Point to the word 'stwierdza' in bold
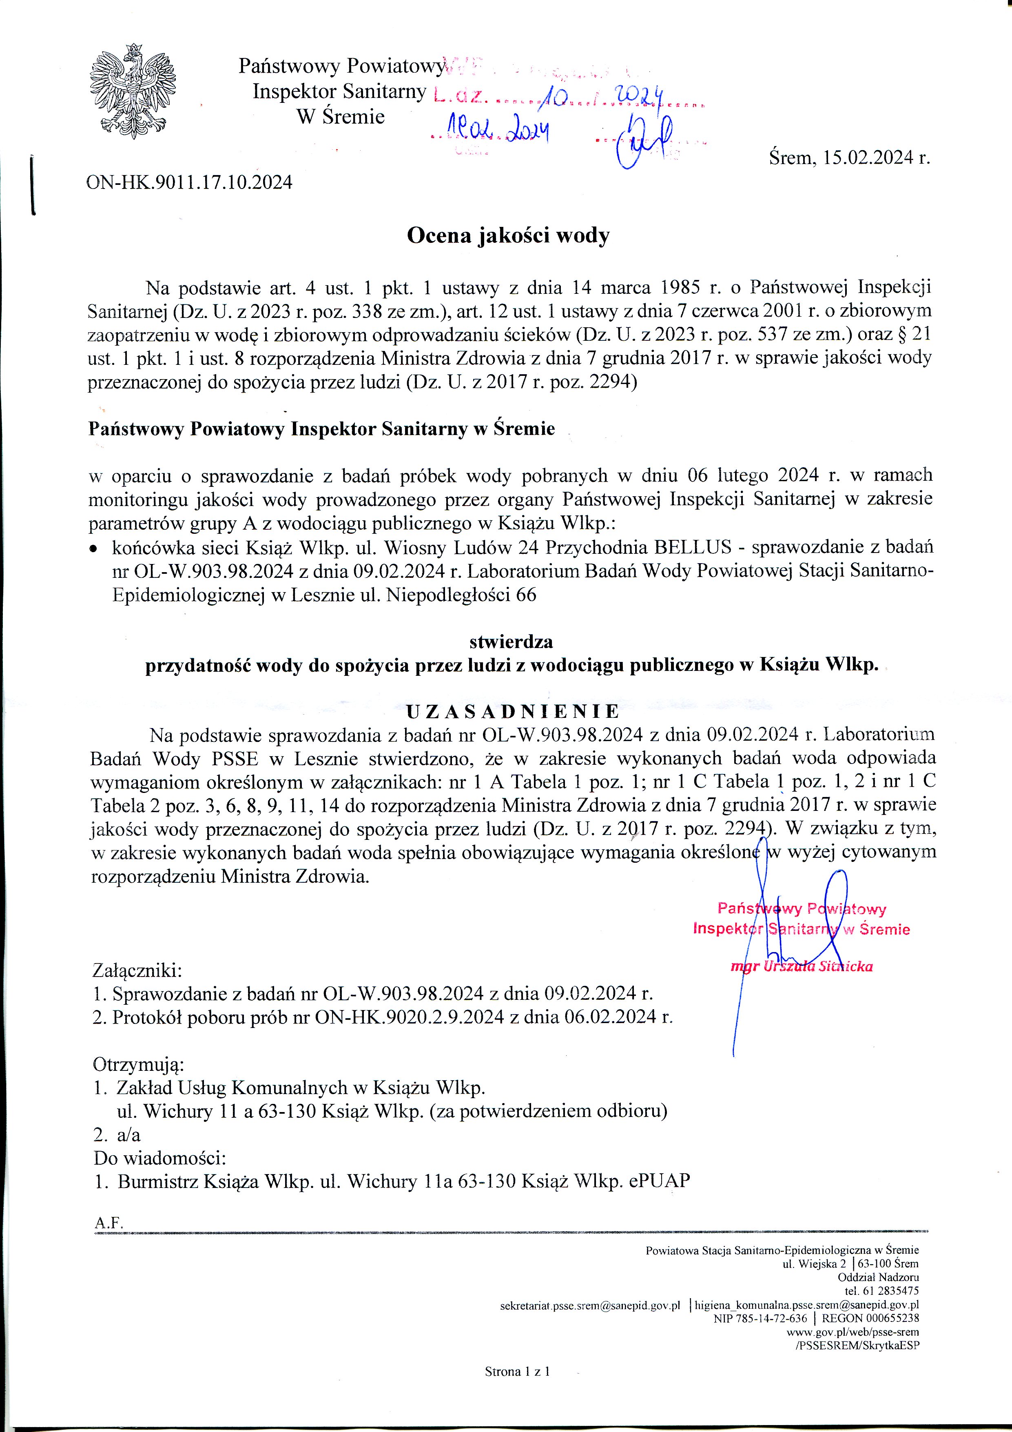click(511, 641)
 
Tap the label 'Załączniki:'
click(137, 971)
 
